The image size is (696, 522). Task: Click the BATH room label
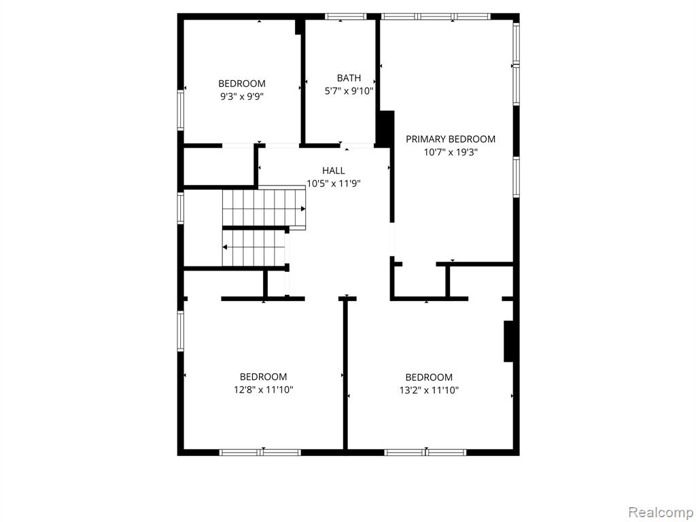pyautogui.click(x=349, y=78)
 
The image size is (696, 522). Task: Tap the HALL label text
pyautogui.click(x=333, y=171)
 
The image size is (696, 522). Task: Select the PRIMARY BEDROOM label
pyautogui.click(x=451, y=139)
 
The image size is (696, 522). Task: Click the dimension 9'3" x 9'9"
pyautogui.click(x=242, y=97)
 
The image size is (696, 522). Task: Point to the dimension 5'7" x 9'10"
pyautogui.click(x=349, y=92)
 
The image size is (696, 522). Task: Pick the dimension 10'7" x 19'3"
pyautogui.click(x=451, y=152)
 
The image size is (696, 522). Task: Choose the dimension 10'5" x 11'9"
pyautogui.click(x=333, y=184)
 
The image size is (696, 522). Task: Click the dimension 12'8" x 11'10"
pyautogui.click(x=264, y=390)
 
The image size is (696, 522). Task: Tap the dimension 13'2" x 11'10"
pyautogui.click(x=429, y=391)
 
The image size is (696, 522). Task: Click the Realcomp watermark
pyautogui.click(x=661, y=512)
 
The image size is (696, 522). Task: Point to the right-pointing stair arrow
pyautogui.click(x=264, y=209)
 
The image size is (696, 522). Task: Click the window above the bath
pyautogui.click(x=345, y=17)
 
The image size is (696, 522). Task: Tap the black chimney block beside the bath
pyautogui.click(x=385, y=128)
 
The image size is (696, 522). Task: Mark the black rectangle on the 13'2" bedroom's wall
pyautogui.click(x=508, y=341)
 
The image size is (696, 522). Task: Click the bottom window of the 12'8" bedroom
pyautogui.click(x=260, y=453)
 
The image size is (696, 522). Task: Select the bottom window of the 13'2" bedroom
pyautogui.click(x=425, y=453)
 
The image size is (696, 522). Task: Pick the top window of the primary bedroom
pyautogui.click(x=436, y=17)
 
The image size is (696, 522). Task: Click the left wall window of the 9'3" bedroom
pyautogui.click(x=181, y=111)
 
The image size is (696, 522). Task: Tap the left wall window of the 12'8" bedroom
pyautogui.click(x=181, y=331)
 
